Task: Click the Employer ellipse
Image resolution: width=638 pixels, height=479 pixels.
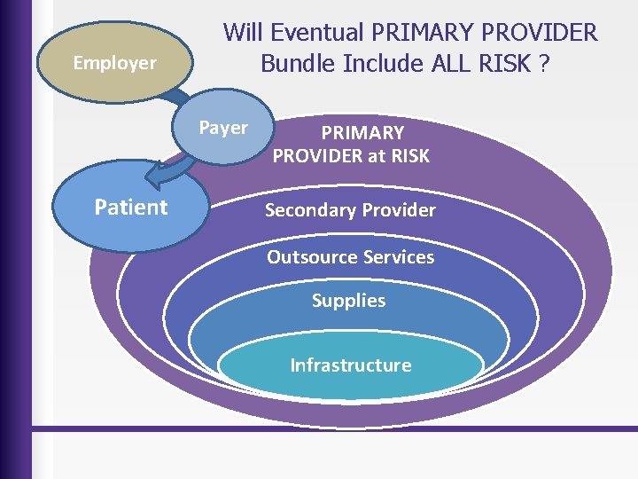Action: pyautogui.click(x=113, y=63)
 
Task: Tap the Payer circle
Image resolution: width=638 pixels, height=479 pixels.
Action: pyautogui.click(x=223, y=130)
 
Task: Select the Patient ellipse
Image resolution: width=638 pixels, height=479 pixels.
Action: pyautogui.click(x=131, y=208)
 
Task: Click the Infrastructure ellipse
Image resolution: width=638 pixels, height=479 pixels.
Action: pyautogui.click(x=351, y=365)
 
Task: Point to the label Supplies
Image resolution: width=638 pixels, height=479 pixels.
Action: pyautogui.click(x=348, y=301)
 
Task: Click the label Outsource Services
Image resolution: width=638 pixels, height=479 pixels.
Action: pyautogui.click(x=351, y=257)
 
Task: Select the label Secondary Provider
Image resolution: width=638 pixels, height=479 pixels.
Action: pyautogui.click(x=351, y=210)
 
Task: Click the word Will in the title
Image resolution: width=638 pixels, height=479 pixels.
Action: pyautogui.click(x=243, y=33)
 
